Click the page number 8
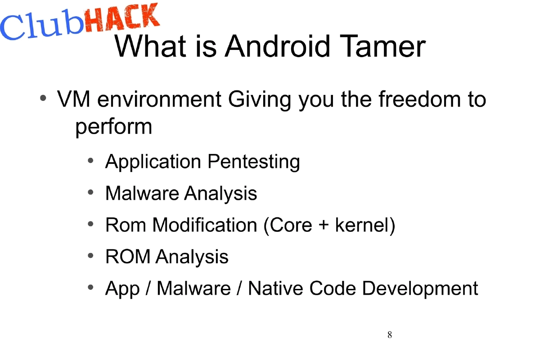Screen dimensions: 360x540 pos(389,335)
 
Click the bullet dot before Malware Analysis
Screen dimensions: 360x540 pos(91,193)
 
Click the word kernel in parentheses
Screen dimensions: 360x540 pos(364,225)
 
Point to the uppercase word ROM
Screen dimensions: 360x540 pos(127,257)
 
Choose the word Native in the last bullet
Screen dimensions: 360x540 pos(275,288)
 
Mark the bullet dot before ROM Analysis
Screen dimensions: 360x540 pos(91,256)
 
